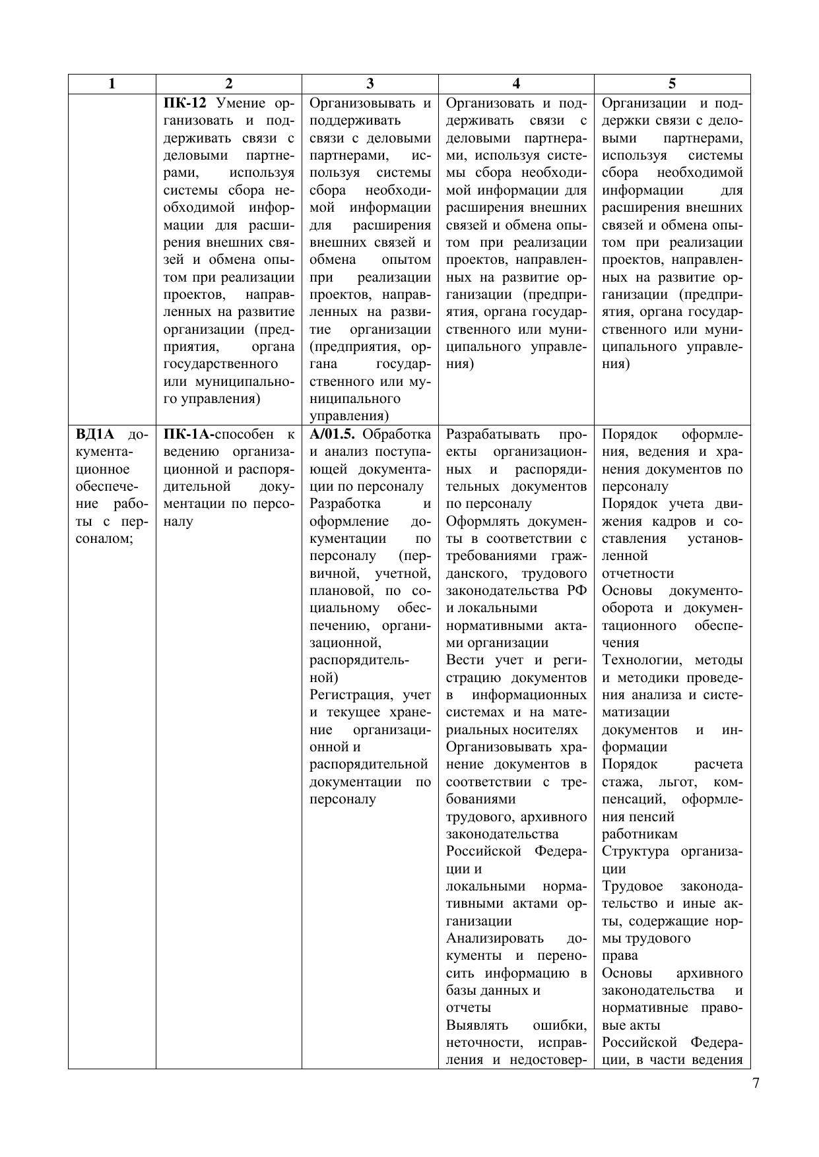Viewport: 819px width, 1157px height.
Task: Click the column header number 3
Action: [370, 84]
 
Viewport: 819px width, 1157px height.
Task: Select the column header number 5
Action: [672, 84]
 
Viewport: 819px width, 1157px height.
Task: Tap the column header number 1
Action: [112, 84]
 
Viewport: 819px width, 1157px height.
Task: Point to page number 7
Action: [755, 1083]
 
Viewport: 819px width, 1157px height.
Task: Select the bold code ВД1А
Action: [95, 435]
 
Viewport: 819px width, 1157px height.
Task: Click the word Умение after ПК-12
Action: [241, 104]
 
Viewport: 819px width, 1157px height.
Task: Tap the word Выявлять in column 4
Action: [477, 1026]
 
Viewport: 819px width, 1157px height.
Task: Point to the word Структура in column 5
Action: [635, 852]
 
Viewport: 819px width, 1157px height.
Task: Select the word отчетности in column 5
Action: [638, 574]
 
